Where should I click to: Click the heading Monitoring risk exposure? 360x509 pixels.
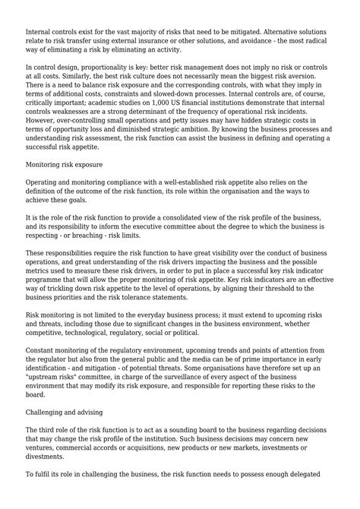[x=66, y=163]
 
